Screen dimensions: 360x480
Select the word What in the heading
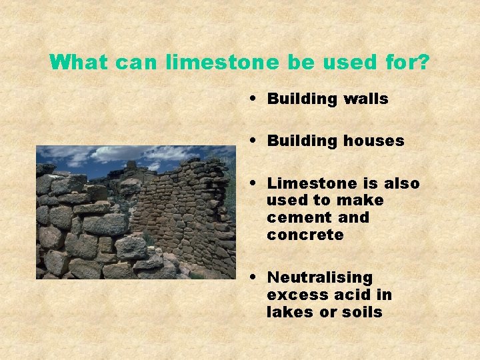point(79,63)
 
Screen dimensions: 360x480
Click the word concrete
point(305,235)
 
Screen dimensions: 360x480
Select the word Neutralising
point(320,277)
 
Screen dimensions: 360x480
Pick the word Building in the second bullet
point(303,141)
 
